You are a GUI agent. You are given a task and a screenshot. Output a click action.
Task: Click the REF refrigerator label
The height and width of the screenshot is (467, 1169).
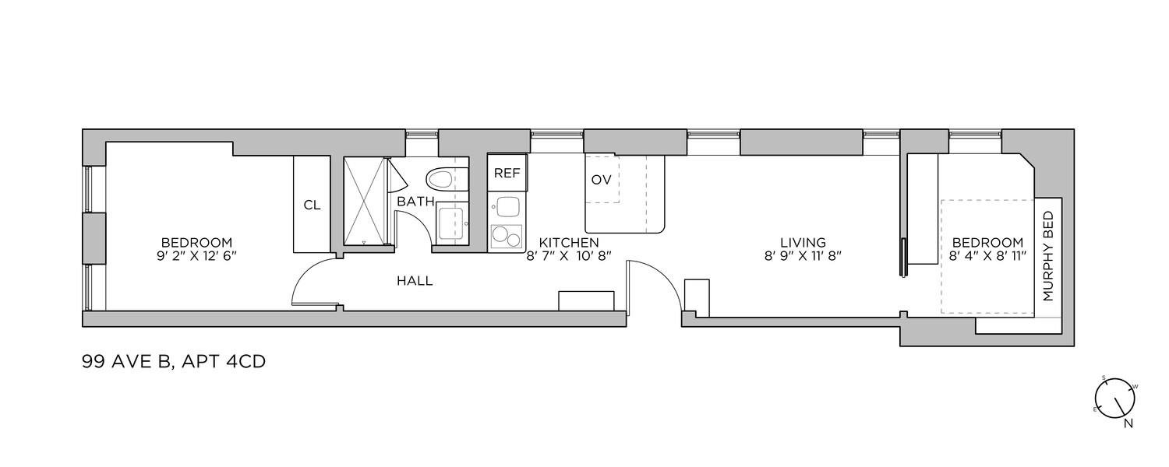(x=507, y=173)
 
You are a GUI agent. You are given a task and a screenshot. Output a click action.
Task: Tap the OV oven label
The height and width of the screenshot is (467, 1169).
(x=601, y=180)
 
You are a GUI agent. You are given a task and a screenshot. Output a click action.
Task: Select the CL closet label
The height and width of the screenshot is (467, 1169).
(x=312, y=205)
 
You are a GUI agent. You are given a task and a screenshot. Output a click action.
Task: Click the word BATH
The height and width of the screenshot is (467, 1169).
(x=416, y=201)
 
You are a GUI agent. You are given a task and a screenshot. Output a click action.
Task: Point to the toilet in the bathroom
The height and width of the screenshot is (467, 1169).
(x=440, y=179)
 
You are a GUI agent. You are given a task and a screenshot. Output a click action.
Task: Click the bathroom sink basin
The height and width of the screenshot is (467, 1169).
(x=452, y=223)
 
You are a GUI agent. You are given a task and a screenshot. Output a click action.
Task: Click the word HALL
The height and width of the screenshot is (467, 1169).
(x=415, y=281)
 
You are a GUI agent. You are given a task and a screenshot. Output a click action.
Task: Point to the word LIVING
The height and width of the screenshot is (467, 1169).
(x=803, y=242)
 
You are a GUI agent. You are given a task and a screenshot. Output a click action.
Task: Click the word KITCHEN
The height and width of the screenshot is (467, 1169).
(x=569, y=242)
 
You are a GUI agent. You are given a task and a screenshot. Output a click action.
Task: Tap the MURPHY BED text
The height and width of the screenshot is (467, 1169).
(x=1048, y=256)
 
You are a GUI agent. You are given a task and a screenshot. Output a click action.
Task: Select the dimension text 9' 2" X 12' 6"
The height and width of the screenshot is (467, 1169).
(x=196, y=256)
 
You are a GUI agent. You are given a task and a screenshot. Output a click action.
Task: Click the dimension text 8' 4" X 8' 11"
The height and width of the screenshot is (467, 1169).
(x=988, y=256)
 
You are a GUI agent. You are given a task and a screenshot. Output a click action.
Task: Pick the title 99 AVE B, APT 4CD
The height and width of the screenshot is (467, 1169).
(x=174, y=362)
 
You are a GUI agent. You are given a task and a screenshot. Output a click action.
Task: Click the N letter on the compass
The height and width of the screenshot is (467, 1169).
(x=1128, y=423)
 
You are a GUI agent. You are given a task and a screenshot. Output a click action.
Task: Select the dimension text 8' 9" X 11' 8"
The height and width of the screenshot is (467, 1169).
(x=803, y=256)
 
